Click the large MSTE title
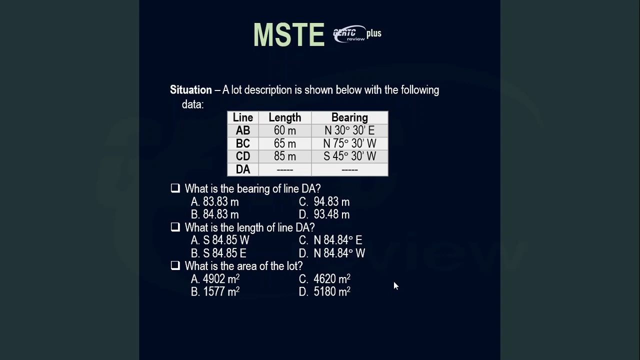point(289,35)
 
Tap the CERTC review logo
point(349,34)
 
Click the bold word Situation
point(191,90)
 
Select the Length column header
point(285,117)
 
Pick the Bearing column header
point(349,117)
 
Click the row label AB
point(243,130)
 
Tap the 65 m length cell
point(285,143)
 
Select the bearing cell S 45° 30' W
point(349,156)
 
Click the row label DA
point(243,169)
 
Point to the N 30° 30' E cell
point(349,130)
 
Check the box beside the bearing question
point(175,188)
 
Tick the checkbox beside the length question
point(175,227)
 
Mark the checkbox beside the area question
point(175,265)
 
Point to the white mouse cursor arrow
point(395,285)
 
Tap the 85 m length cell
point(285,156)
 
